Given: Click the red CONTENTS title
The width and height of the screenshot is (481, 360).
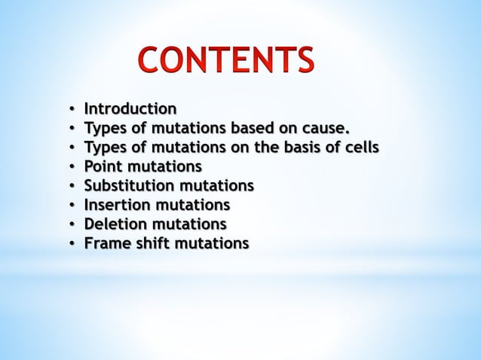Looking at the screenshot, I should click(x=225, y=61).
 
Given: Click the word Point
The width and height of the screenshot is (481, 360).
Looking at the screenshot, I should click(x=103, y=166).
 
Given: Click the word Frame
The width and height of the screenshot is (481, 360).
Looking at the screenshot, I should click(x=106, y=244).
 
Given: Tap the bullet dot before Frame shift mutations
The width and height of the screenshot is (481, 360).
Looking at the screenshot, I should click(x=71, y=245).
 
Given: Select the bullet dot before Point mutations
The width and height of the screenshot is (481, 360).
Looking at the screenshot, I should click(x=71, y=166).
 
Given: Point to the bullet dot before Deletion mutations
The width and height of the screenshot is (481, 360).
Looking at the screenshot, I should click(x=71, y=225).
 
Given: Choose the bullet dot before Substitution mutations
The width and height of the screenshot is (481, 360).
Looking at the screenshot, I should click(x=71, y=186).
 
